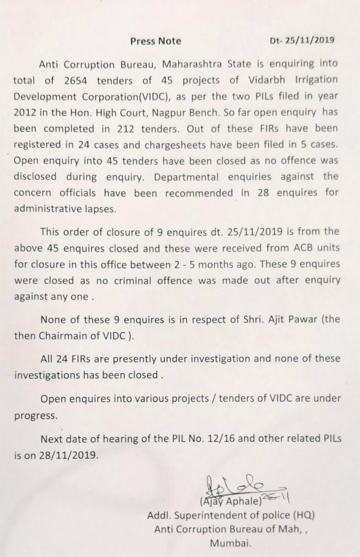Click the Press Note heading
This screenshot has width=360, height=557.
[156, 41]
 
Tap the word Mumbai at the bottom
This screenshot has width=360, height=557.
[230, 543]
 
